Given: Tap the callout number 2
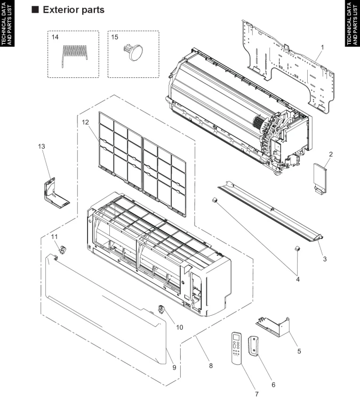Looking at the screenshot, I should tap(331, 155).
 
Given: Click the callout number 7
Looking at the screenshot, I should tap(256, 394).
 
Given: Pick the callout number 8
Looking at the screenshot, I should tap(211, 366).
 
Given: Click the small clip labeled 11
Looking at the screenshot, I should tap(61, 248).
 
